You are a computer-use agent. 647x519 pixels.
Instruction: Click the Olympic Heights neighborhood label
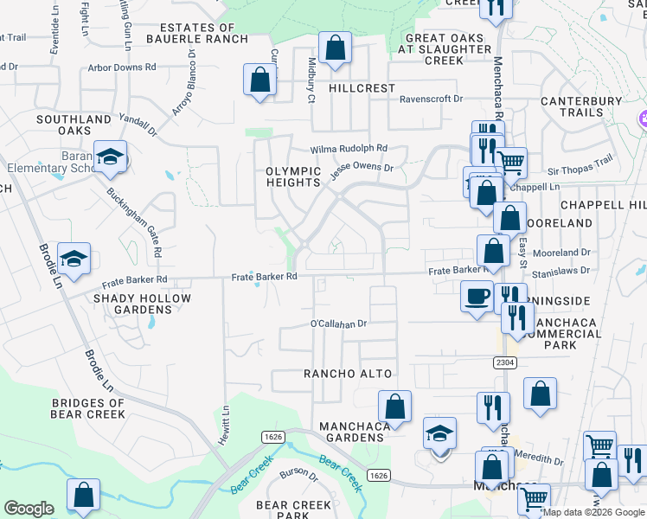tap(293, 176)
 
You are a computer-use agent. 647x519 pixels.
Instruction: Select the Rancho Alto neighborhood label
tap(348, 374)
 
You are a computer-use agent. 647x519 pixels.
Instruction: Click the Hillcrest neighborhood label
tap(362, 88)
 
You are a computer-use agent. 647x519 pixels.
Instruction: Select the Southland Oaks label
tap(61, 125)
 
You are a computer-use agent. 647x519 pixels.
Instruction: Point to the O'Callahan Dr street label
tap(339, 324)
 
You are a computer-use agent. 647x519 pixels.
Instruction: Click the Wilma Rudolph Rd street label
tap(349, 148)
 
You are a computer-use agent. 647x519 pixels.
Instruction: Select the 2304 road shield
tap(506, 361)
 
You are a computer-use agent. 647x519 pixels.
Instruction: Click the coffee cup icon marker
tap(476, 296)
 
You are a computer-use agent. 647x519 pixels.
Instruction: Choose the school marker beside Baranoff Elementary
tap(111, 157)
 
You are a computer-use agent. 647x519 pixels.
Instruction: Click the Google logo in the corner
tap(29, 509)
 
